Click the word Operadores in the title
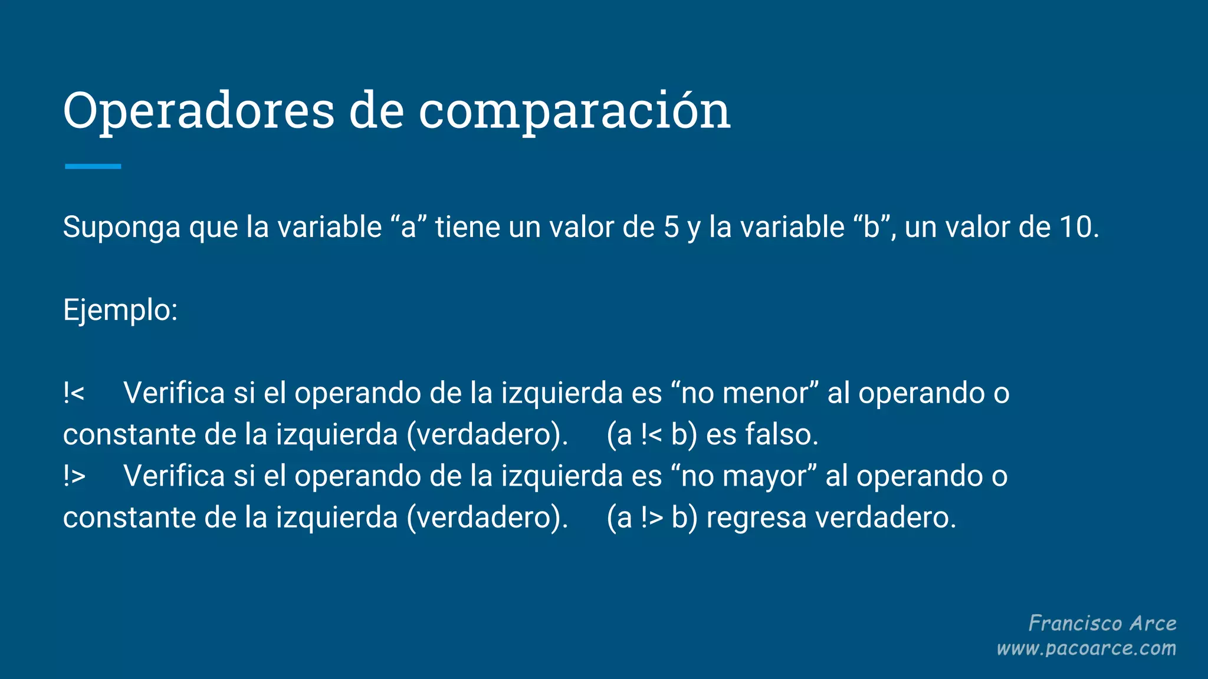199,111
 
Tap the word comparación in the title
575,111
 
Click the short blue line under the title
93,167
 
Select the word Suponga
122,228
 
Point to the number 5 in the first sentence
671,228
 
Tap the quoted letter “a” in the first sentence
408,228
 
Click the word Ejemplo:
120,310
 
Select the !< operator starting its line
74,393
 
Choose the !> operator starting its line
74,476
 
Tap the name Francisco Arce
1102,624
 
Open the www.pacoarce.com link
1086,649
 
